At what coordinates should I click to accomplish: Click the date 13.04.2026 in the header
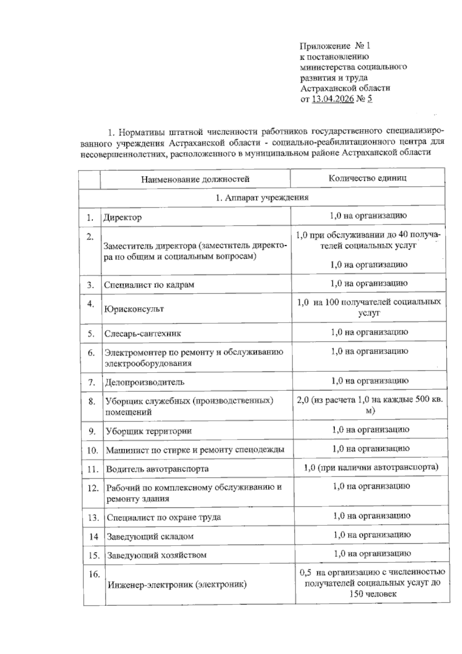tap(332, 99)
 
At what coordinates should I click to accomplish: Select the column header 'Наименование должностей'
tap(195, 179)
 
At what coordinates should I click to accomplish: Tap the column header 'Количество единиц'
tap(367, 178)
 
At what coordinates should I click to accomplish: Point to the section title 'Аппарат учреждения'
tap(262, 198)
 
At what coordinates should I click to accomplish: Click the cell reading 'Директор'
tap(122, 217)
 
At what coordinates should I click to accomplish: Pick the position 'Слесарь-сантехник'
tap(143, 333)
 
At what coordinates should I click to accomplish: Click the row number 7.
tap(91, 382)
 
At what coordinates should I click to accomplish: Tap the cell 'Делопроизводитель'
tap(145, 382)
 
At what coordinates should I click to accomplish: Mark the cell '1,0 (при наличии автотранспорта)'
tap(371, 467)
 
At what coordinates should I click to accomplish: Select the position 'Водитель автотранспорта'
tap(157, 469)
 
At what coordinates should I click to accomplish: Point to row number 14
tap(94, 536)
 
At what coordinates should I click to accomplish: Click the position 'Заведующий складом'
tap(150, 536)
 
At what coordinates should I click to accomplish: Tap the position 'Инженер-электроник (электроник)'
tap(177, 585)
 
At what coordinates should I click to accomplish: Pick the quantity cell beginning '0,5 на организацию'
tap(372, 583)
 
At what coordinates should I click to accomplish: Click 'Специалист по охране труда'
tap(164, 517)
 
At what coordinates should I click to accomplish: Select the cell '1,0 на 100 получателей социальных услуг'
tap(369, 307)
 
